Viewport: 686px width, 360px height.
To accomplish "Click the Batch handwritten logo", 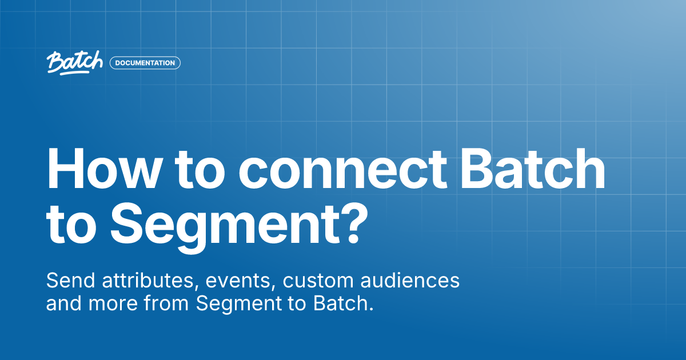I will click(75, 63).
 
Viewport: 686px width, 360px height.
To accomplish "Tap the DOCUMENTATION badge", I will click(145, 63).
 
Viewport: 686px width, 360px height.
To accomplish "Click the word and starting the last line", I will click(64, 303).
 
